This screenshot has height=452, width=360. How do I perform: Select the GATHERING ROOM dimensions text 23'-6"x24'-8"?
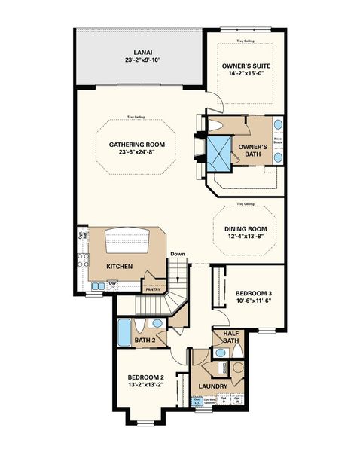[x=136, y=151]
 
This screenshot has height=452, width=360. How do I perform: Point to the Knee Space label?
[x=277, y=141]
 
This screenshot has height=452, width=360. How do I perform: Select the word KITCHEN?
[x=120, y=267]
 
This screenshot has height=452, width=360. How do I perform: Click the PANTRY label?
[x=152, y=289]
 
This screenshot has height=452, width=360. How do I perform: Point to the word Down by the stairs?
[x=178, y=254]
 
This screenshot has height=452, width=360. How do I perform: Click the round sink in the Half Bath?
[x=219, y=352]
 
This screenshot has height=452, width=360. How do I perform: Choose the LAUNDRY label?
[x=213, y=387]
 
